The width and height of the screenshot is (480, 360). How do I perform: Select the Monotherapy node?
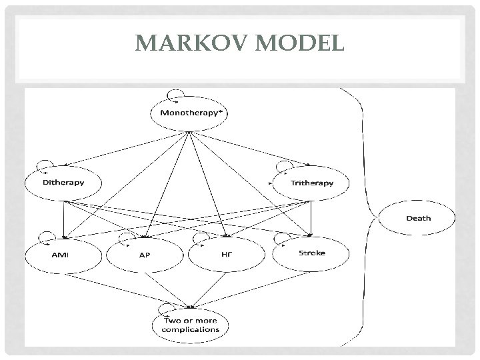point(189,113)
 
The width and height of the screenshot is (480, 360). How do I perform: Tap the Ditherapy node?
point(63,182)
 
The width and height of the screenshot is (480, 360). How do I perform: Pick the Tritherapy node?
point(312,182)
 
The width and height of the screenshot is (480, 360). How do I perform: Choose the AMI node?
point(63,255)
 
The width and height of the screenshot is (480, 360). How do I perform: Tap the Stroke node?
point(312,254)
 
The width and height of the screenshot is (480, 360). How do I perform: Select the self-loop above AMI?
point(47,236)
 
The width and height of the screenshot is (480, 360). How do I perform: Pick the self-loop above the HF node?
point(201,237)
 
